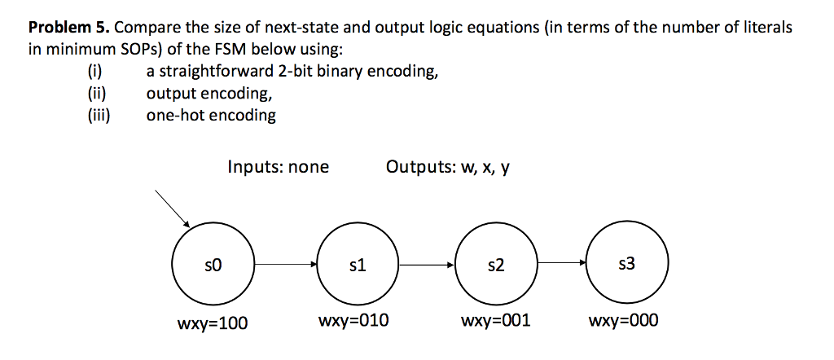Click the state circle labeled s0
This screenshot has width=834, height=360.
(x=213, y=264)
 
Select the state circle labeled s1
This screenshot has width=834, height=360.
(x=357, y=264)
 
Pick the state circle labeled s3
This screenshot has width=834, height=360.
(x=627, y=264)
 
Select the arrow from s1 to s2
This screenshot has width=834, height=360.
(x=426, y=264)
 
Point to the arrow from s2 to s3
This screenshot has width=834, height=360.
(x=561, y=264)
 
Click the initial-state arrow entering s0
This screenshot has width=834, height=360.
(x=172, y=209)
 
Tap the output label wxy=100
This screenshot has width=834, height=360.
(x=213, y=323)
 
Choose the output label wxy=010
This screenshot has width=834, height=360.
(x=355, y=321)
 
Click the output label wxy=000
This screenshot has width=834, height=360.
(x=624, y=321)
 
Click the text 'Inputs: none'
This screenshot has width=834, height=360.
(x=279, y=168)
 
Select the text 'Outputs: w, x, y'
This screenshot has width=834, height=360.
(x=449, y=168)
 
